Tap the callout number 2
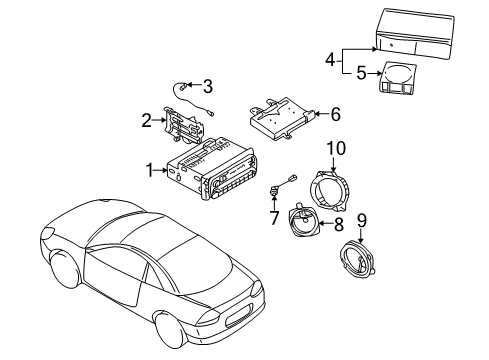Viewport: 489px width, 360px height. point(147,121)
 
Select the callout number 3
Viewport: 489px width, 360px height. point(208,85)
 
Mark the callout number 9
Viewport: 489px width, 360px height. point(361,218)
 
